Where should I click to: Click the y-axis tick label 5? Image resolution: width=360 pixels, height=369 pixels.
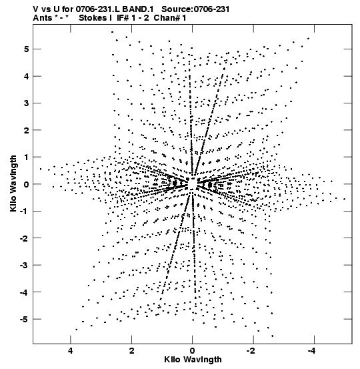point(26,49)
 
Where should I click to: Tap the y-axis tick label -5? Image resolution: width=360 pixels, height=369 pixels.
point(24,320)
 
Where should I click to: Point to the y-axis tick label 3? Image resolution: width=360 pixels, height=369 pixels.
point(26,103)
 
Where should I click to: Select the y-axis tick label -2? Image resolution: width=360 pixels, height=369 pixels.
point(24,238)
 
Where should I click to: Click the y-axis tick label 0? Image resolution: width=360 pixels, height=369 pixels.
point(26,184)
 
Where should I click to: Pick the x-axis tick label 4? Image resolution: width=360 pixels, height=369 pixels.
point(71,351)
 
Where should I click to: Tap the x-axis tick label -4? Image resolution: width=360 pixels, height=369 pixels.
point(312,351)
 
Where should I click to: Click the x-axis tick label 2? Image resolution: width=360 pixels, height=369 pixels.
point(132,351)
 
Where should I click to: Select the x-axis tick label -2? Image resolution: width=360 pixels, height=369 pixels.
point(251,351)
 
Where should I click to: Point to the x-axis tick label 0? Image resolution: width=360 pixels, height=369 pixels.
point(193,351)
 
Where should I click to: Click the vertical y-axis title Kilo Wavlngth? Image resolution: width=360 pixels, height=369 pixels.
point(13,183)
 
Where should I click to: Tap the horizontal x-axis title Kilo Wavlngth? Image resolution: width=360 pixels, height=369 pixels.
point(193,360)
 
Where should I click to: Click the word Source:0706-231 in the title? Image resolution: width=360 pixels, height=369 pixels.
point(195,9)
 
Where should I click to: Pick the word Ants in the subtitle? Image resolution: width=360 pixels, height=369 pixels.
point(43,18)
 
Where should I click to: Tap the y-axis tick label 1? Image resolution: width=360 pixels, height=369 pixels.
point(26,157)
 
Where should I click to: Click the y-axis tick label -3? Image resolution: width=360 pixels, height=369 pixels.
point(24,265)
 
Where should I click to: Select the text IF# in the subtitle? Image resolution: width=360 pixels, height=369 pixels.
point(123,18)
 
